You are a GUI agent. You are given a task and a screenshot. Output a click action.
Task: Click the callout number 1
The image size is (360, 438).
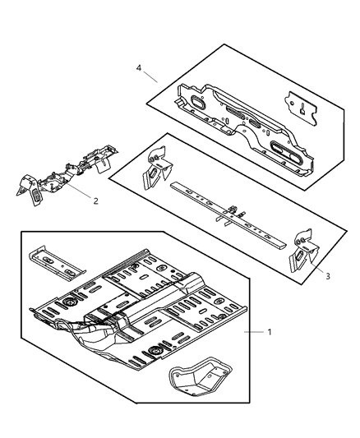click(x=269, y=331)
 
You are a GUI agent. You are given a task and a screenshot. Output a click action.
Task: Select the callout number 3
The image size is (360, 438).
click(x=327, y=277)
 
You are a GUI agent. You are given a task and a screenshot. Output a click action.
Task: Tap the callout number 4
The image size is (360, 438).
click(x=139, y=69)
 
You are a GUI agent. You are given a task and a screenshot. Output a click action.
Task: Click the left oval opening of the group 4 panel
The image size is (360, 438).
click(x=199, y=104)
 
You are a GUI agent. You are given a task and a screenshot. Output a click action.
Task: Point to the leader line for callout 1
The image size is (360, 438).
click(x=252, y=331)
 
